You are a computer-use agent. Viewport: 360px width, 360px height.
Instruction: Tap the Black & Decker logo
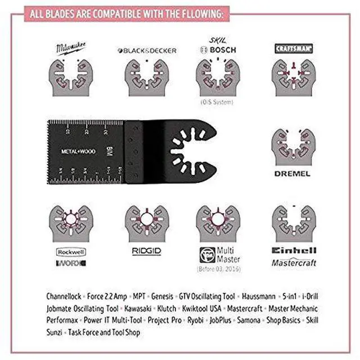(147, 51)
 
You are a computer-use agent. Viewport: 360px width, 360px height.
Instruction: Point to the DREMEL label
(292, 174)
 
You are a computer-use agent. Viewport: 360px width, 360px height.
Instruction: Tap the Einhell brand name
(294, 251)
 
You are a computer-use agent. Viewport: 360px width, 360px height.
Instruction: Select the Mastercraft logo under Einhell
(294, 262)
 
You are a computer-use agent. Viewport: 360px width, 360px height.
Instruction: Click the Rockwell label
(71, 251)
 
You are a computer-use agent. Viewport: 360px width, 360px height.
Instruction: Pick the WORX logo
(71, 263)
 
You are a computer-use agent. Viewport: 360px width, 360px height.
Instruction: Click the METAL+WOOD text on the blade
(79, 151)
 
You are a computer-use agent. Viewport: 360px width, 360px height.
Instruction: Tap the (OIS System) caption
(216, 102)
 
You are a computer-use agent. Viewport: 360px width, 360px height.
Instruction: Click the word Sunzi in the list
(56, 332)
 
